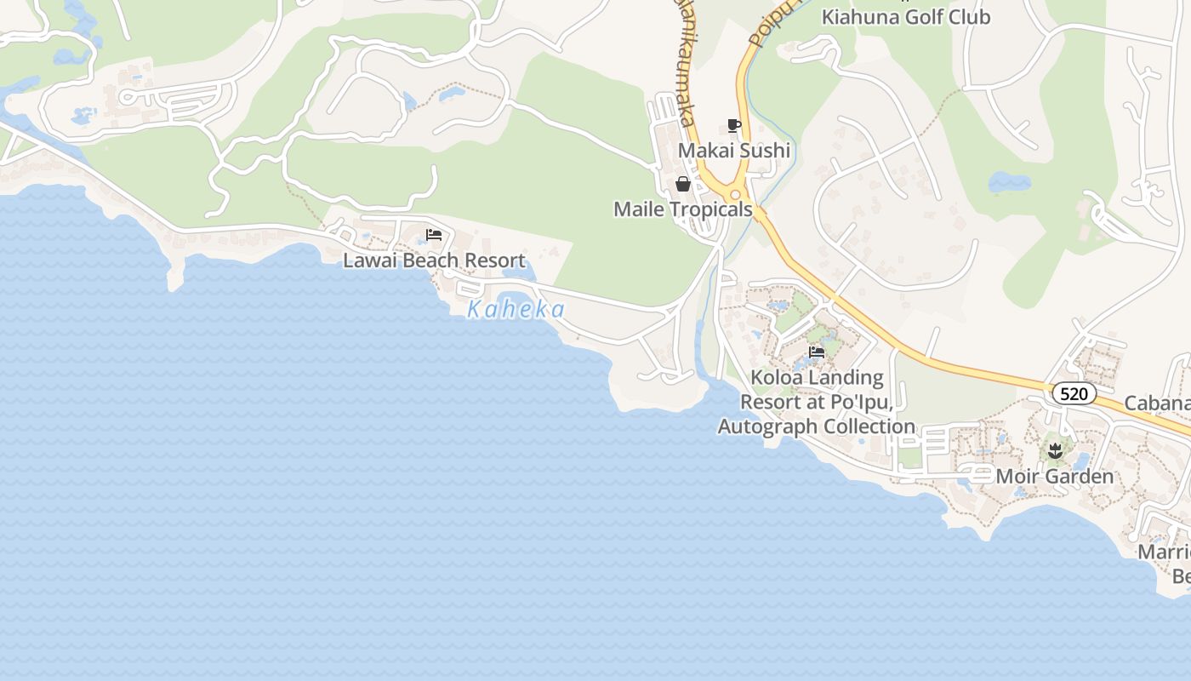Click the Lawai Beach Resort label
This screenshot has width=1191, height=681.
click(434, 260)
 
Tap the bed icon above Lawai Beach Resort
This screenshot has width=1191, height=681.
click(434, 235)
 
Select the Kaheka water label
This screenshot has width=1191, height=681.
click(516, 309)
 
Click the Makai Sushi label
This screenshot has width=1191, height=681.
click(733, 151)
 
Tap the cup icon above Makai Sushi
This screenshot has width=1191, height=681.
click(734, 126)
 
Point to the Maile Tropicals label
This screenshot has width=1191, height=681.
click(683, 209)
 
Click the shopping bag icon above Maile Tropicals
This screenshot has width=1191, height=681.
click(682, 184)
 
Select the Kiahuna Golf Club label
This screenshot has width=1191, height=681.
click(905, 17)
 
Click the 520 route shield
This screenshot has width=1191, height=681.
click(1074, 393)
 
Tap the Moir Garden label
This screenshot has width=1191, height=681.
click(1054, 476)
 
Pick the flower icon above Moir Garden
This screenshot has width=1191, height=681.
click(1055, 450)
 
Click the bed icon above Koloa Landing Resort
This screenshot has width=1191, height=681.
click(817, 352)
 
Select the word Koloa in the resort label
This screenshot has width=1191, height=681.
click(776, 377)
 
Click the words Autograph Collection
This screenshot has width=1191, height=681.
click(817, 426)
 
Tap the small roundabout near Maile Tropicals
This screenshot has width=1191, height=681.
click(735, 195)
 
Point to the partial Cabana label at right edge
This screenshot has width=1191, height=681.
click(1157, 403)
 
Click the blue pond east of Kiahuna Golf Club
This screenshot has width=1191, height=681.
click(1009, 181)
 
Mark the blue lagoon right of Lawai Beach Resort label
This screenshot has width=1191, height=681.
click(518, 272)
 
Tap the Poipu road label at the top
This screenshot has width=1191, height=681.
click(771, 24)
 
